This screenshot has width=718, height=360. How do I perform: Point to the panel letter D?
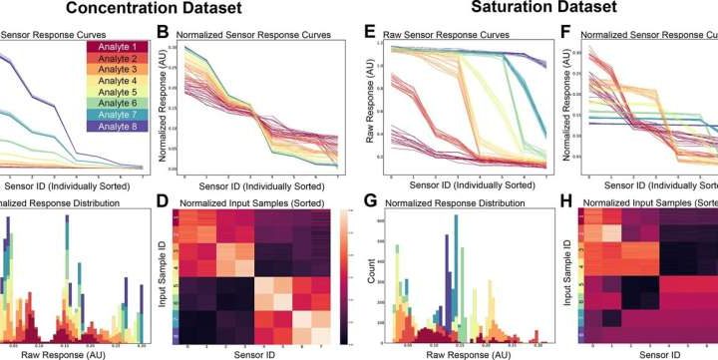(x=164, y=203)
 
